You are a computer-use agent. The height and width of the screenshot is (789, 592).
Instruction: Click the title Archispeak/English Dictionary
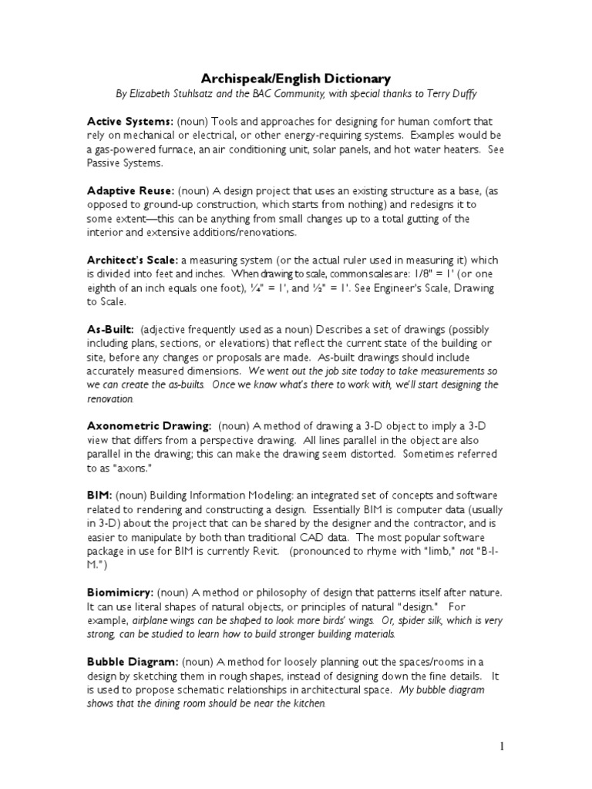click(x=296, y=79)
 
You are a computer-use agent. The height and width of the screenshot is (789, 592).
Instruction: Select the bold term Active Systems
click(x=129, y=122)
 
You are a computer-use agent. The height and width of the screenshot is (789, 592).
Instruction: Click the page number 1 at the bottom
click(x=501, y=745)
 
